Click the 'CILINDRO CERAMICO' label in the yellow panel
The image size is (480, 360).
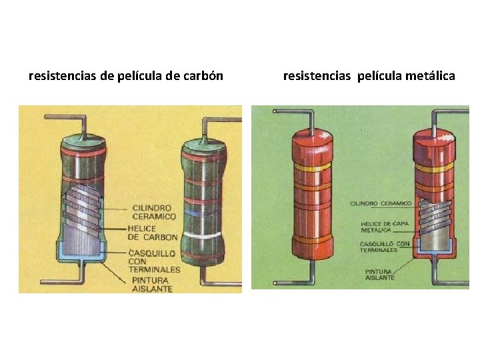(154, 212)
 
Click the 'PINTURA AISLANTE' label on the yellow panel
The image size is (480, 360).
(151, 285)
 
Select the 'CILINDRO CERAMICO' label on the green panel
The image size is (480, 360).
(381, 202)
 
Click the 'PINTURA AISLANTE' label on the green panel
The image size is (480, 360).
(379, 274)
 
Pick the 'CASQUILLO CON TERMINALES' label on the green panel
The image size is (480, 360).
(385, 247)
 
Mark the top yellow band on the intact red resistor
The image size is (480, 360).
(312, 169)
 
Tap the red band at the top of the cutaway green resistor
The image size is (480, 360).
(83, 152)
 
